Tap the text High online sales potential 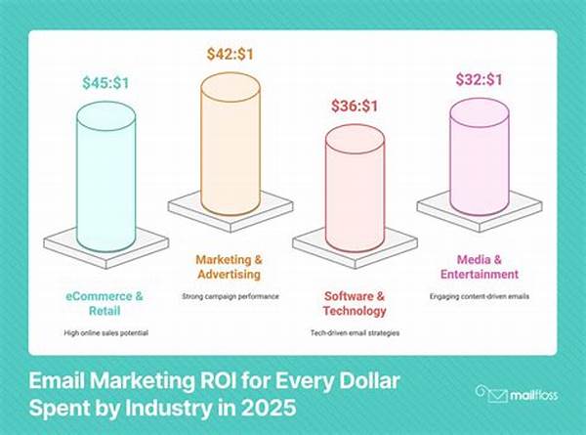click(106, 333)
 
